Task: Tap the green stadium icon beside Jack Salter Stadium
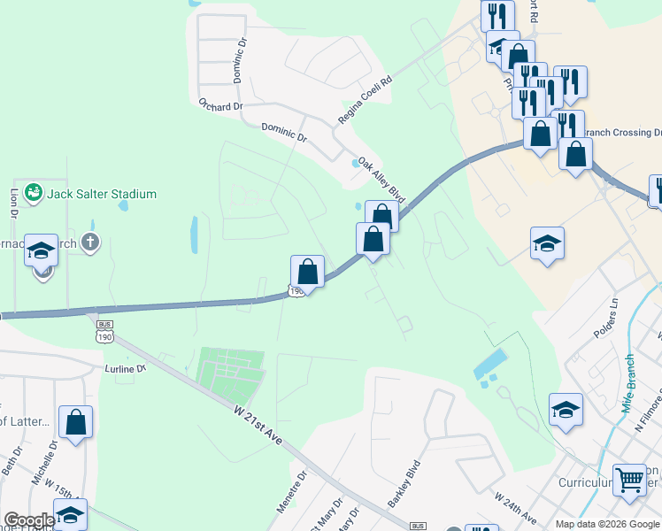click(x=34, y=192)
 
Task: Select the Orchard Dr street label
click(x=220, y=106)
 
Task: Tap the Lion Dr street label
click(x=13, y=202)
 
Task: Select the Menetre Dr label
click(x=290, y=493)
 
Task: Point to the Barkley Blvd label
click(x=404, y=483)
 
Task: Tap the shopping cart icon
click(x=629, y=481)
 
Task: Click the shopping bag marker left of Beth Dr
click(x=76, y=421)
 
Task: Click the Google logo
click(x=29, y=520)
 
